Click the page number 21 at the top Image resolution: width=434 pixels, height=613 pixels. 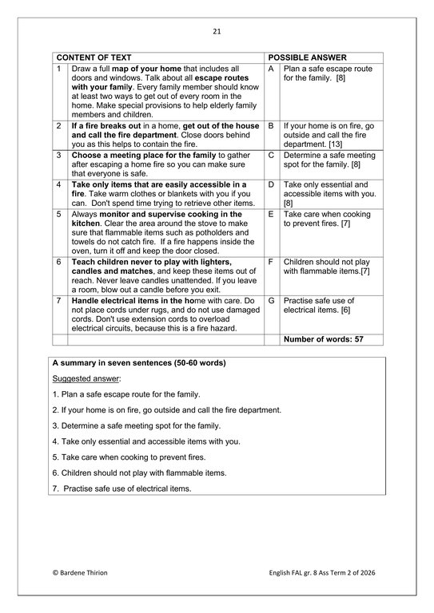(x=217, y=32)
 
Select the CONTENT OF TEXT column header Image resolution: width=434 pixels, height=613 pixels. (x=94, y=58)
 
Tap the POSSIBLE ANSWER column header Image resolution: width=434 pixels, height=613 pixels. (x=308, y=58)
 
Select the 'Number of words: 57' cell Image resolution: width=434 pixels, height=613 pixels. (x=324, y=339)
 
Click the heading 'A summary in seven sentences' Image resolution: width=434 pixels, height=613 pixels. (x=138, y=363)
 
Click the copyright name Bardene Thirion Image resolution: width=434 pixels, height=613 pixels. (x=84, y=573)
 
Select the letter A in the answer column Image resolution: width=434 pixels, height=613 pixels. (x=272, y=69)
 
